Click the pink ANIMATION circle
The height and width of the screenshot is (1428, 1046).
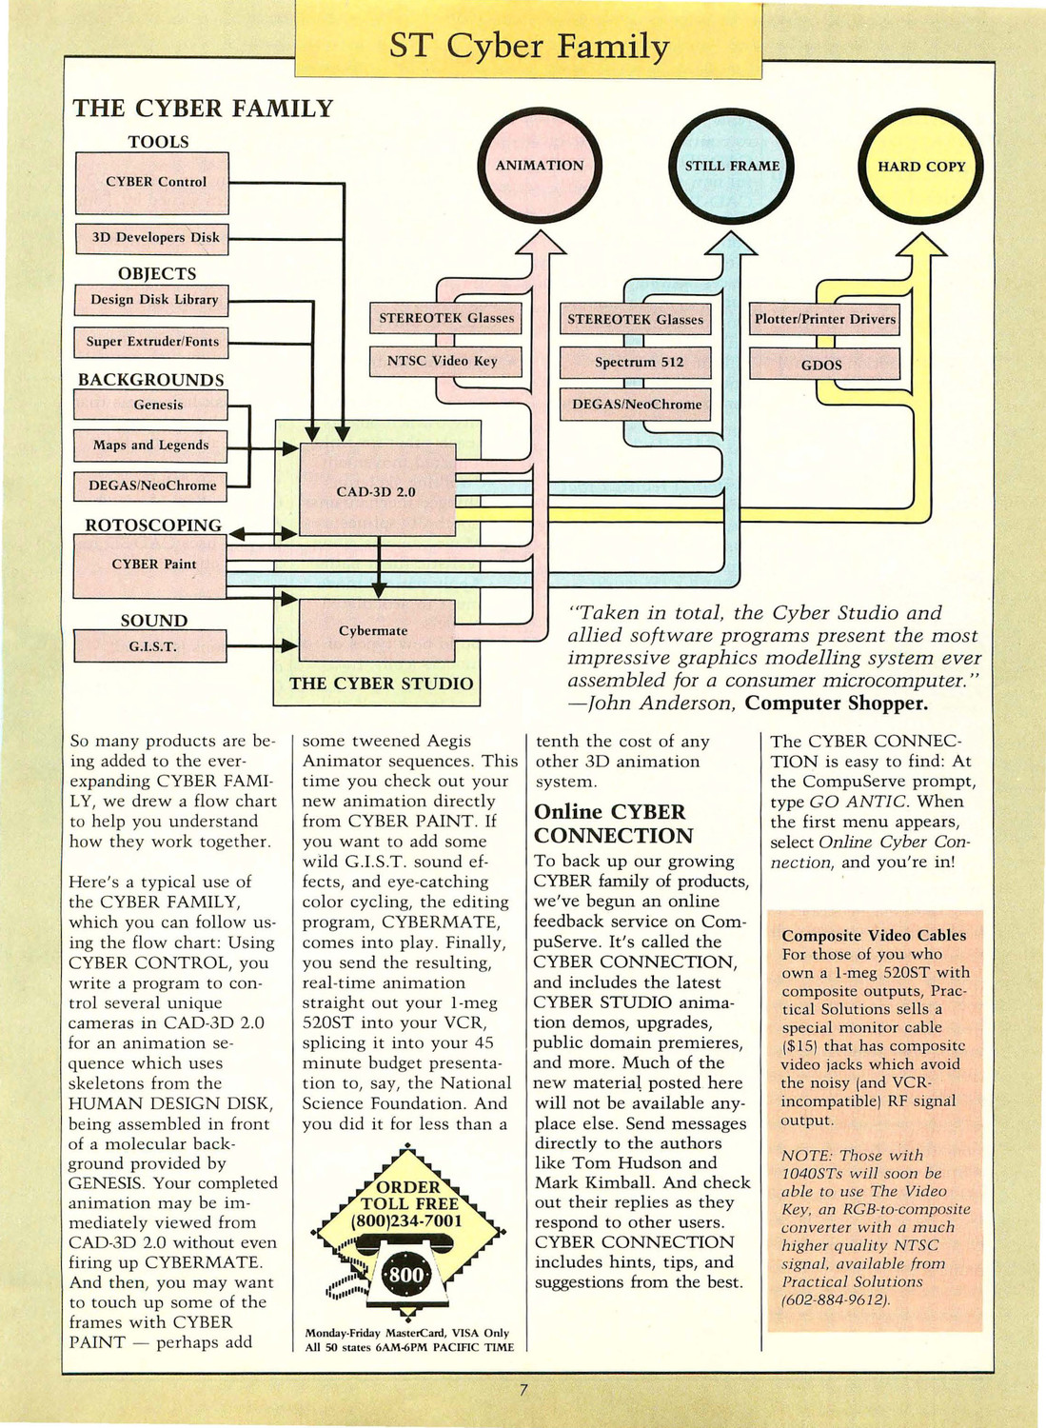(x=540, y=166)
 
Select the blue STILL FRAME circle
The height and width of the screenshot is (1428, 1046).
(x=732, y=166)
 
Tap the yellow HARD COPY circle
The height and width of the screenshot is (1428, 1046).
(x=921, y=167)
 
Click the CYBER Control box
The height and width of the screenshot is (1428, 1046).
(x=151, y=183)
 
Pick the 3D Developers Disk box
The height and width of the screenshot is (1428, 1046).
(x=151, y=239)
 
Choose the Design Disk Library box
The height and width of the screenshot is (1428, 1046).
(x=151, y=300)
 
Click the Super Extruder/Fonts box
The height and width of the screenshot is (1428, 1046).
(x=151, y=343)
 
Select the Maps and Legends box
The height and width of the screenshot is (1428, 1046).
(x=150, y=446)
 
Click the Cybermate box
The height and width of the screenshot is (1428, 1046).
(x=377, y=630)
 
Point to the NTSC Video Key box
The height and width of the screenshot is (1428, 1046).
(x=445, y=362)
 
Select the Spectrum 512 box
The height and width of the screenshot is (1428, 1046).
(x=636, y=363)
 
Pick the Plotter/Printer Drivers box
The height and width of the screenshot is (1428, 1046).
(x=824, y=319)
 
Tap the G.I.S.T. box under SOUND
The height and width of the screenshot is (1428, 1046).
(x=150, y=647)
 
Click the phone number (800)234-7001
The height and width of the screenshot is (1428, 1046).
(x=406, y=1221)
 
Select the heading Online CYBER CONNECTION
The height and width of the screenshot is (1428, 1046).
(x=613, y=823)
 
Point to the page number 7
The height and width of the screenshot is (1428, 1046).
(x=523, y=1390)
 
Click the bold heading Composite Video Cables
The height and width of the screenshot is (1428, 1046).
(x=874, y=935)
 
